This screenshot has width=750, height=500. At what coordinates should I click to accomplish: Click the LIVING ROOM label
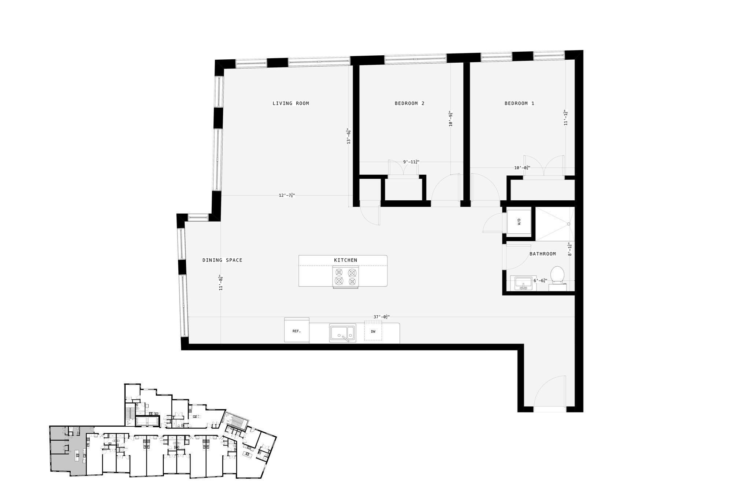[x=291, y=103]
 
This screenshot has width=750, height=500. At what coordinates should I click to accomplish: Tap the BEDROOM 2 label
[x=409, y=103]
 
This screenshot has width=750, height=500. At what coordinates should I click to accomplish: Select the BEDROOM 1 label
[x=519, y=103]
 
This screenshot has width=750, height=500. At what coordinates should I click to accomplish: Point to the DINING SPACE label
[x=222, y=260]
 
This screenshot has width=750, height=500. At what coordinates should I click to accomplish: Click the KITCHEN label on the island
[x=345, y=260]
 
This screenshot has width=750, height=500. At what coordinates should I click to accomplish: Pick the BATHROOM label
[x=542, y=253]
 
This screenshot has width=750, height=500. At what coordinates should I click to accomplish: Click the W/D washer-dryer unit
[x=519, y=222]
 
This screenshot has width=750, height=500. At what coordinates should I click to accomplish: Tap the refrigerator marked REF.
[x=297, y=331]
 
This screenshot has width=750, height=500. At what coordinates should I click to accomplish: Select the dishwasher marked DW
[x=373, y=331]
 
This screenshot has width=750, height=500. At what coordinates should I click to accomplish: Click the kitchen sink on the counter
[x=342, y=333]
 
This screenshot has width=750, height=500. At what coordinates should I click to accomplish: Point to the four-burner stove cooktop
[x=346, y=277]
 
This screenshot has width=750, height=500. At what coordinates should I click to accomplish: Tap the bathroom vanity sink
[x=523, y=283]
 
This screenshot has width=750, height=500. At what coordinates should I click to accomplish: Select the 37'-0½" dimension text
[x=381, y=317]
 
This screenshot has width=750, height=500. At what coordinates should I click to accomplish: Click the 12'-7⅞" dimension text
[x=287, y=195]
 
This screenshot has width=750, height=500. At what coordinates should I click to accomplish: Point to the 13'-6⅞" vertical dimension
[x=349, y=136]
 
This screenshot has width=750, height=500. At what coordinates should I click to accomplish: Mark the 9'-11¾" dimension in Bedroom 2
[x=411, y=162]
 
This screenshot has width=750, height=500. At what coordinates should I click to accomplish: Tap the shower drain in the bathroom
[x=569, y=224]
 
